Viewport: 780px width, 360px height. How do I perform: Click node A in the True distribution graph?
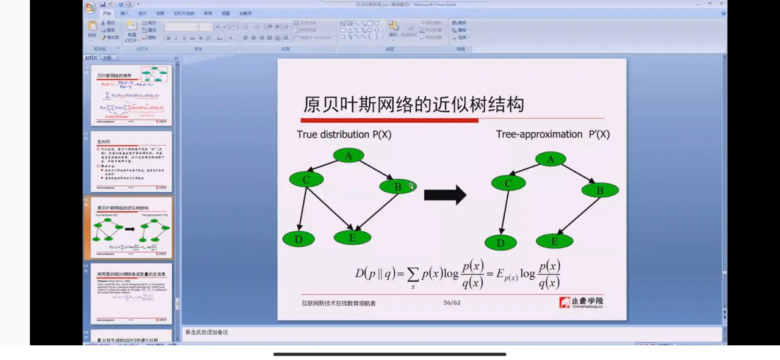click(x=348, y=156)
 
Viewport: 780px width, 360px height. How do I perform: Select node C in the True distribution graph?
click(x=306, y=179)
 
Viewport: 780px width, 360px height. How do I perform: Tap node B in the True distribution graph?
click(x=397, y=187)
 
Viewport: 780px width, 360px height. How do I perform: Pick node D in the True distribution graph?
click(x=298, y=239)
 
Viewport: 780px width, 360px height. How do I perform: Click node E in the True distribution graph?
click(x=352, y=237)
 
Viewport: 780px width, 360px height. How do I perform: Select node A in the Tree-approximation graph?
click(x=551, y=159)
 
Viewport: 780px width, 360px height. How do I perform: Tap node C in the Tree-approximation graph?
click(x=508, y=183)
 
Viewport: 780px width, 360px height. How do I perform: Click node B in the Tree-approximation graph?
click(x=599, y=190)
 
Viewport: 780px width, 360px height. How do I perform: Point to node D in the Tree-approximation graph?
click(x=500, y=243)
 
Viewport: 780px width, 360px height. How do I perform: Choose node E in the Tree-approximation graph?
click(x=554, y=241)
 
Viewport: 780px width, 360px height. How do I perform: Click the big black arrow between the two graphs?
click(x=445, y=195)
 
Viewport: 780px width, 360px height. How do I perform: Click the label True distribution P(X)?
click(x=344, y=134)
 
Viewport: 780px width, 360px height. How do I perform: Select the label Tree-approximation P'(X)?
click(x=552, y=134)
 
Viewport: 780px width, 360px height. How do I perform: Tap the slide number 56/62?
click(x=452, y=302)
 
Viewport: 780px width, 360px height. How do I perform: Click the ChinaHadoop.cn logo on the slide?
click(x=581, y=302)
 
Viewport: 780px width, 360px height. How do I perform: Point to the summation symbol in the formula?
click(x=412, y=273)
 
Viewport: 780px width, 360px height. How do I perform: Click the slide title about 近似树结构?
click(x=413, y=104)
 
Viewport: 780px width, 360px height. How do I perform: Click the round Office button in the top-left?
click(x=90, y=7)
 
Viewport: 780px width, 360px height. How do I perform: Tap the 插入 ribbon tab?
click(x=125, y=13)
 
